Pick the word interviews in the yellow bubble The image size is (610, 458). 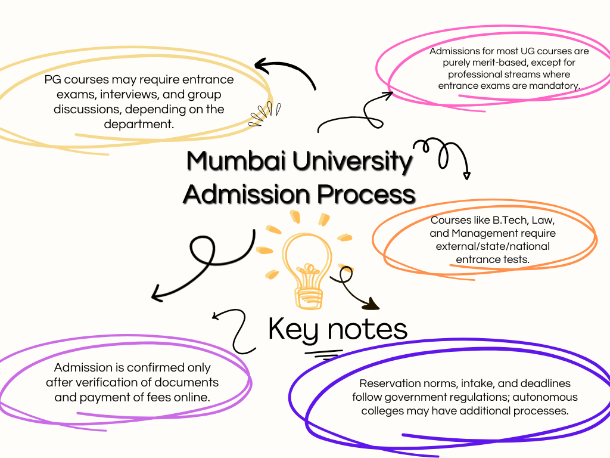tap(125, 94)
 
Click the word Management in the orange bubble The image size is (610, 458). tap(485, 233)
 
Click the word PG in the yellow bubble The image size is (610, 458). tap(52, 79)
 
